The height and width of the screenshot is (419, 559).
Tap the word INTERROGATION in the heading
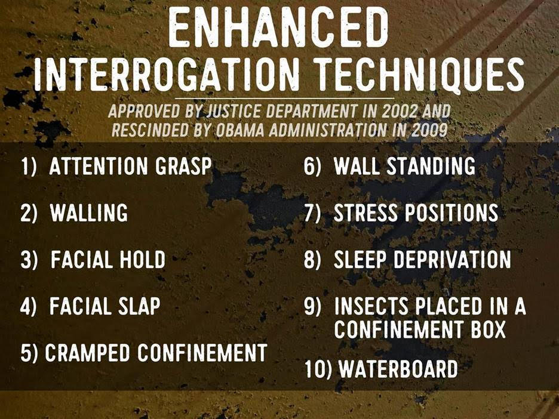[x=167, y=75]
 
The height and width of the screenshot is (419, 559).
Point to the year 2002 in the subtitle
[x=400, y=112]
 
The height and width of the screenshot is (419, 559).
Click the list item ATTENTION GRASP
[x=130, y=166]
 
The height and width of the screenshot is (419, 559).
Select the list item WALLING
[x=89, y=212]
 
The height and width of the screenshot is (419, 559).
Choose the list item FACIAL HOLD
[x=108, y=260]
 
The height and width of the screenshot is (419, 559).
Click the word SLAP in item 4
[x=139, y=306]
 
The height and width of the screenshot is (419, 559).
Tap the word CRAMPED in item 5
[x=87, y=353]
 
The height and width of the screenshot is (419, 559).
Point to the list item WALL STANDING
[x=405, y=166]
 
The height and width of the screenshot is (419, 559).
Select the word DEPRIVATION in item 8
[x=452, y=260]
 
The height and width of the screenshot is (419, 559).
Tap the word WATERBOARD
[x=398, y=369]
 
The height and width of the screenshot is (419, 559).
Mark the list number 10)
[x=318, y=369]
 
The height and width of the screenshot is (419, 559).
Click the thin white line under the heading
[x=284, y=98]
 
